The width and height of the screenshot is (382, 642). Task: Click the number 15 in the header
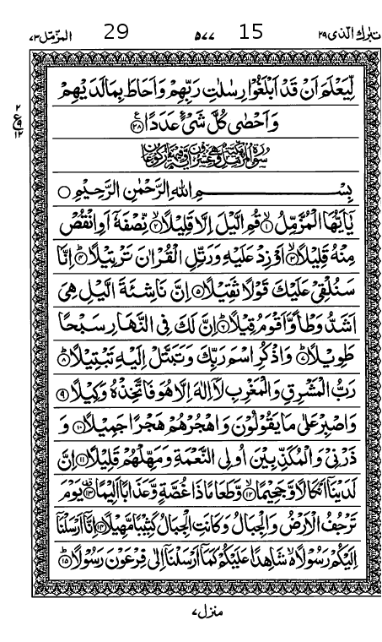(251, 33)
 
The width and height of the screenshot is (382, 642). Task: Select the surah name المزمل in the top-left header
(44, 35)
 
